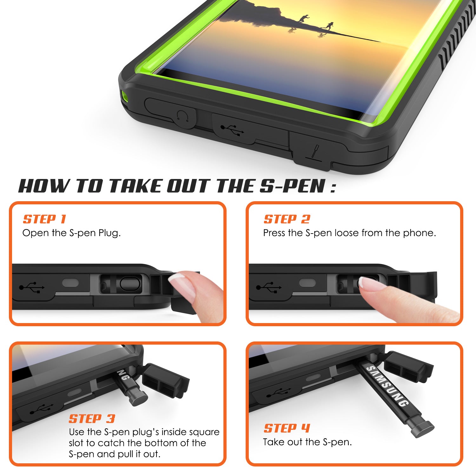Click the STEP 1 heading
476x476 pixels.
[44, 219]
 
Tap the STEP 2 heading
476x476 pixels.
[287, 219]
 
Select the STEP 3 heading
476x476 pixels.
[92, 419]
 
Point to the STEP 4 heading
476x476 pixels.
[287, 428]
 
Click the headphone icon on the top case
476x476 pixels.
[183, 116]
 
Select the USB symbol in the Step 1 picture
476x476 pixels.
[32, 287]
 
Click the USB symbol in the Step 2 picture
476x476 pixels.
[268, 287]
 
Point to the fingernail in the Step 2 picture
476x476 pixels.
[371, 283]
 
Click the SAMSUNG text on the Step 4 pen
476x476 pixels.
[387, 386]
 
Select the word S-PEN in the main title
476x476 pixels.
[292, 186]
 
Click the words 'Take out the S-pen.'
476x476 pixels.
[307, 442]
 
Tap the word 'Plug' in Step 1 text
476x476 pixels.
[109, 233]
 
